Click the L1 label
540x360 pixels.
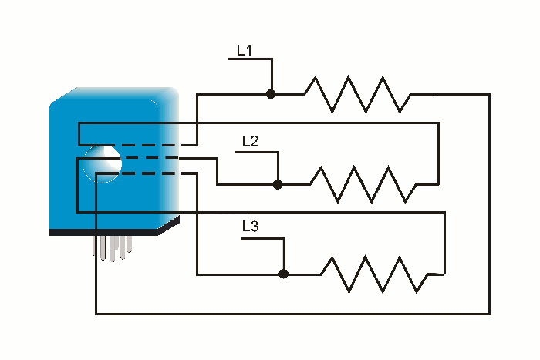click(x=245, y=51)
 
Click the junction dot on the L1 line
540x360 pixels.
click(x=271, y=94)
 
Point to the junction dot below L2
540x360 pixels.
click(x=278, y=184)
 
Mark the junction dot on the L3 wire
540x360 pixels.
click(x=283, y=273)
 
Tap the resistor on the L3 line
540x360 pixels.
click(x=373, y=274)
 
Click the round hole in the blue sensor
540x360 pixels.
click(x=102, y=163)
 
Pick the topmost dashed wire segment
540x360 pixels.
click(x=151, y=146)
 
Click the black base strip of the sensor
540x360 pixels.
click(x=108, y=231)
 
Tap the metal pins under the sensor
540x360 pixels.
click(x=113, y=247)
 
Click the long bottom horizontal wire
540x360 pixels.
click(x=293, y=314)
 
